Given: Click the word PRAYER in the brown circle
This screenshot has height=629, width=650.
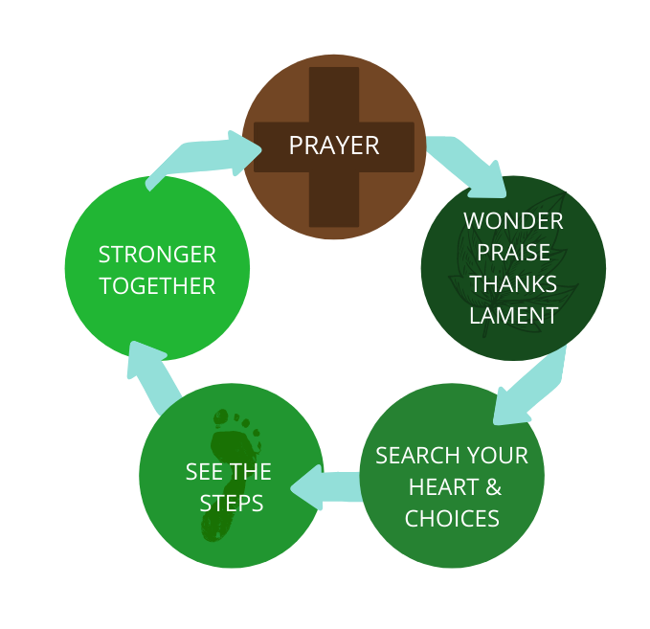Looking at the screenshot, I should tap(334, 146).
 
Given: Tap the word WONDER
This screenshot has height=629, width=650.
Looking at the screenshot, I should tap(513, 221).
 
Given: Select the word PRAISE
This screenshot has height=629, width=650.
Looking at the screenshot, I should tap(514, 253).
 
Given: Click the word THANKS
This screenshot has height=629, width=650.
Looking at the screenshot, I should tap(513, 284).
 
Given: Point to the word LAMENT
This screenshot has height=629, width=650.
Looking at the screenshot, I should tap(513, 315).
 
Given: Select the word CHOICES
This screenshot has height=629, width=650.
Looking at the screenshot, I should tap(452, 519).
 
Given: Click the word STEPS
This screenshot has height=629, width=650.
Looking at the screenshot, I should tap(231, 504).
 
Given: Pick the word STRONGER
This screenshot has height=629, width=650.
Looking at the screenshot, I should tap(157, 255).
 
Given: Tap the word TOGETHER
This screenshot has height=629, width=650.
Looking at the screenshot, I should tap(157, 285).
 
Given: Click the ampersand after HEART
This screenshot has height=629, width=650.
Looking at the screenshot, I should tap(493, 487).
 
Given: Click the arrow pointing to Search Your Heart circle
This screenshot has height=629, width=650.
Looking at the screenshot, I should tap(530, 388).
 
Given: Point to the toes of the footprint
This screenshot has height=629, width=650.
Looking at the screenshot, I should tap(235, 421).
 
